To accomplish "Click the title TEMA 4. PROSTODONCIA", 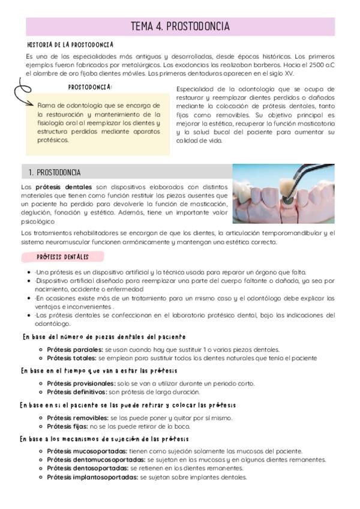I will coord(180,27).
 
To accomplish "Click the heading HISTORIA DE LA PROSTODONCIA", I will coord(71,45).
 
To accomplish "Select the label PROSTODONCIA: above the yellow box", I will coord(90,87).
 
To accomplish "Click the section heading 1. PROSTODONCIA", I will coord(55,172).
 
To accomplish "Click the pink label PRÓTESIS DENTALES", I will coord(62,257).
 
